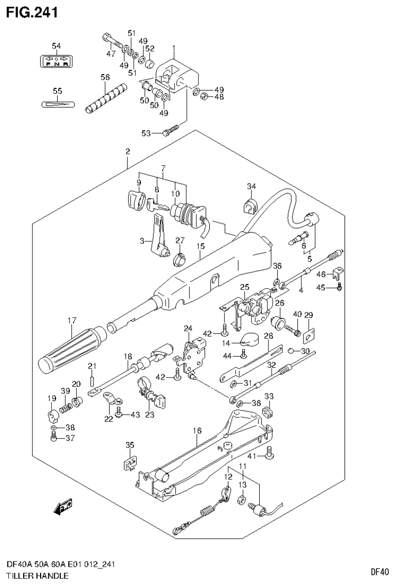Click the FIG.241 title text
[x=31, y=11]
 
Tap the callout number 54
[x=56, y=46]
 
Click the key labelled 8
[x=156, y=205]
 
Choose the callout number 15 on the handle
[x=200, y=246]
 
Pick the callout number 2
[x=127, y=151]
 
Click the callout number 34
[x=251, y=186]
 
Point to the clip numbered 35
[x=130, y=462]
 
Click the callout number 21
[x=92, y=366]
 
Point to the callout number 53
[x=146, y=133]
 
